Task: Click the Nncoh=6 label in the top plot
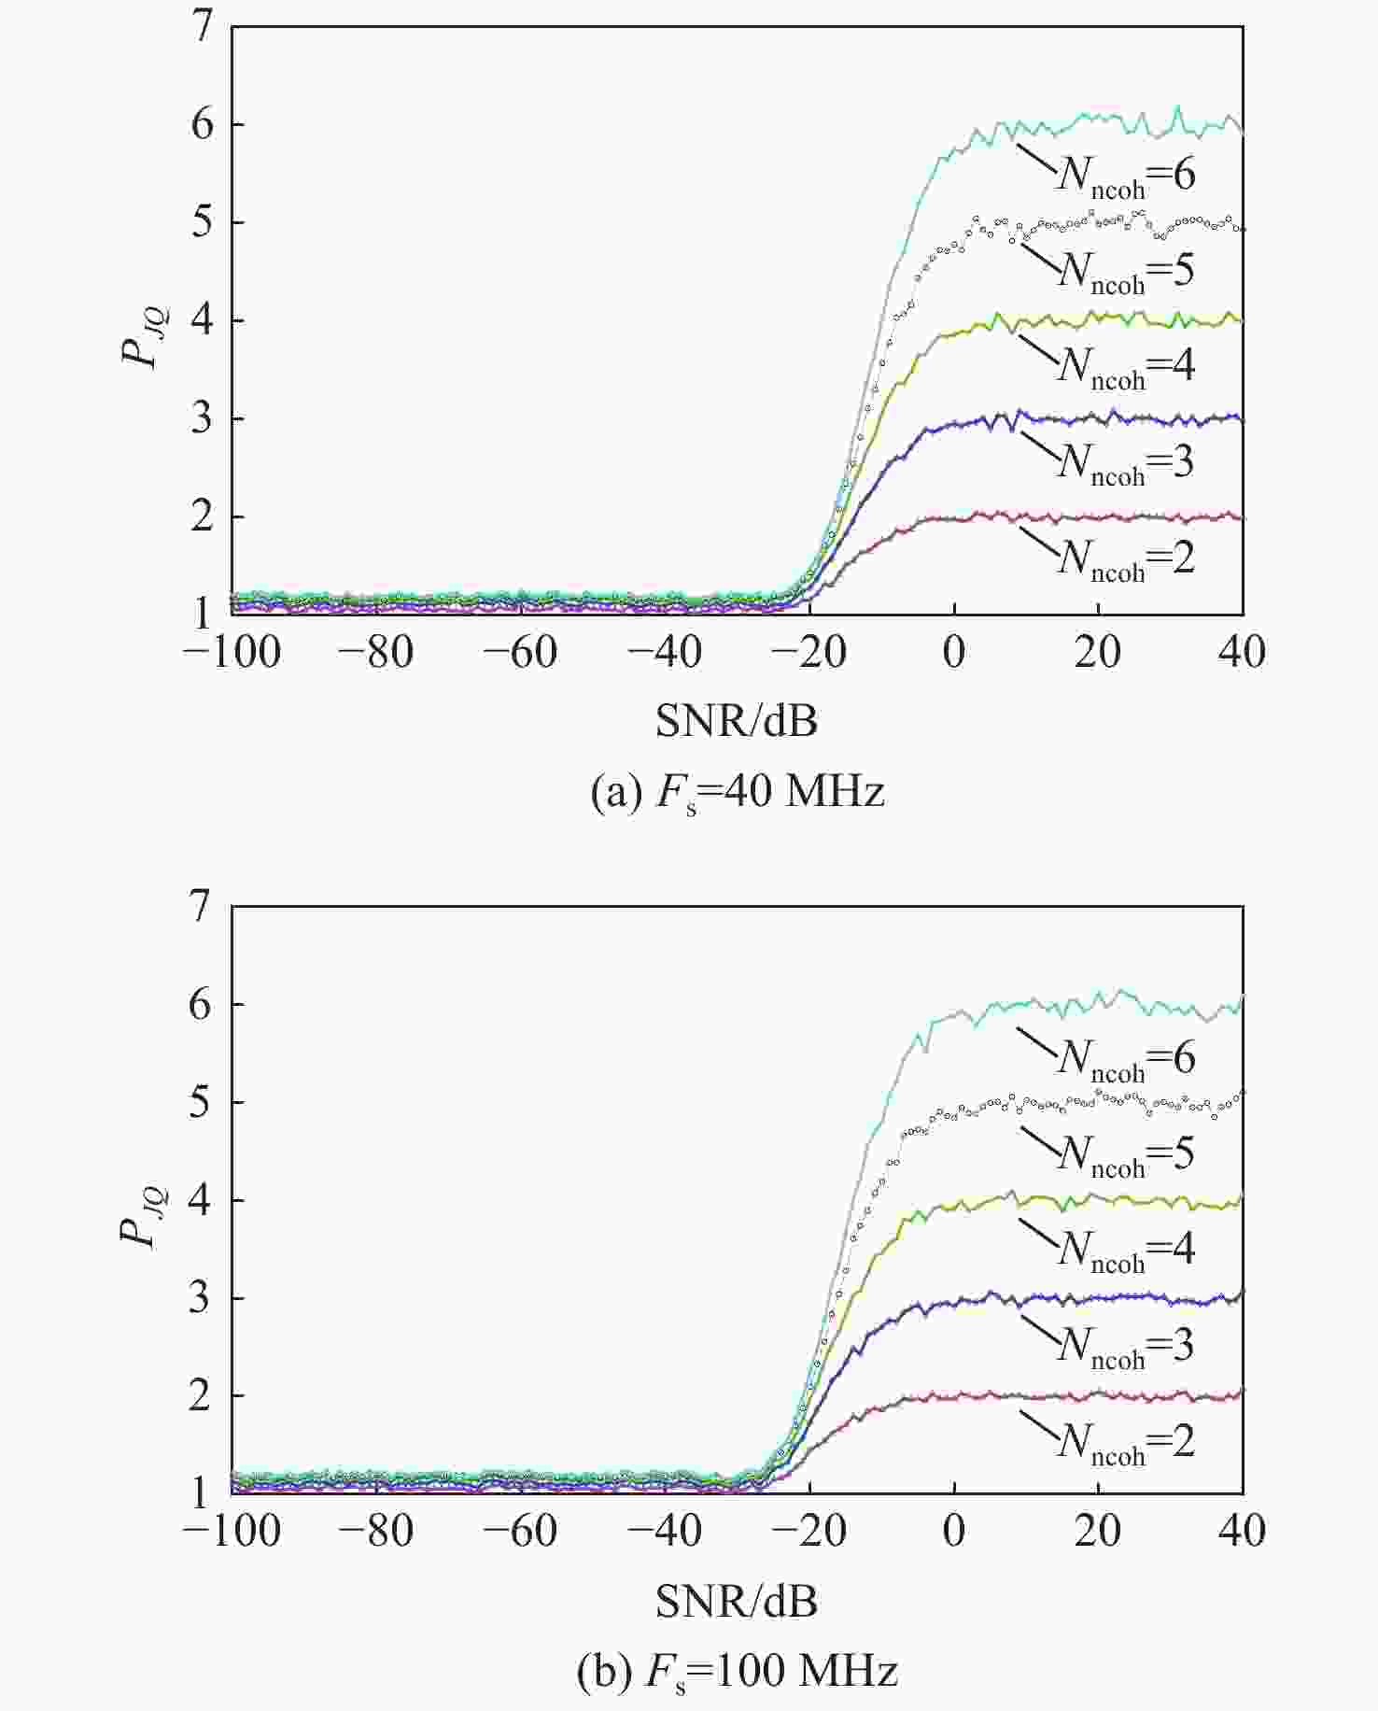1125,175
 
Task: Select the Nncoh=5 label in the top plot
1125,271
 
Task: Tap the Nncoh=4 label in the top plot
1125,366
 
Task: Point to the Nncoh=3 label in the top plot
1125,462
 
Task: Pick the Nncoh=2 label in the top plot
1125,559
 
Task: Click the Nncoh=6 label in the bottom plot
1125,1058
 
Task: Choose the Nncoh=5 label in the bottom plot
1125,1154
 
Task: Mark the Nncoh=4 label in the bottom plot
1125,1250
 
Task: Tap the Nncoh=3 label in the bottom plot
1125,1346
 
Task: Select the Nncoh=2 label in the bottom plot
1125,1442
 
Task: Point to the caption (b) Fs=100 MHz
738,1671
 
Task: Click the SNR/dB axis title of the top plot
737,721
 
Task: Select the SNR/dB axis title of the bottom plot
737,1602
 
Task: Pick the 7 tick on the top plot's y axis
203,29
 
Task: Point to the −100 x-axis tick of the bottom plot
232,1533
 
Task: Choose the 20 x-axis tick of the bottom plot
1098,1533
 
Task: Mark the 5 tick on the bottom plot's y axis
203,1102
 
